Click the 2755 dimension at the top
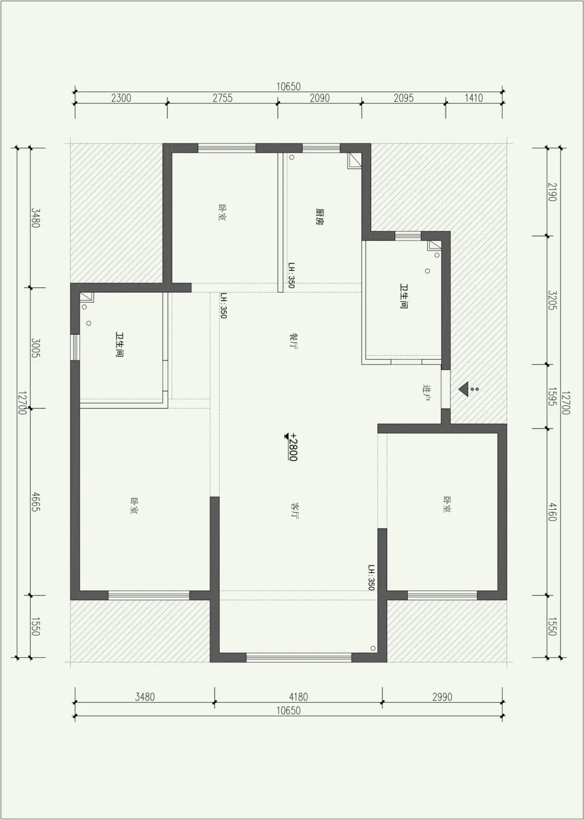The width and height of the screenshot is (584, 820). click(222, 98)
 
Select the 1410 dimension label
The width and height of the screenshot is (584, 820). click(474, 98)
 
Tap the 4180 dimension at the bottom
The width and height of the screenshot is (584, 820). click(298, 697)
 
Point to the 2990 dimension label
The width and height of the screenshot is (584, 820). click(442, 697)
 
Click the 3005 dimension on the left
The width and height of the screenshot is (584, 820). click(36, 348)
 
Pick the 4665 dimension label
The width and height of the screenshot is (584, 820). click(36, 502)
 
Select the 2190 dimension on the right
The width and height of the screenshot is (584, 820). click(552, 192)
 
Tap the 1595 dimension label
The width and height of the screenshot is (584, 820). click(552, 397)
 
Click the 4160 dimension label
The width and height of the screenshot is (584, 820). click(552, 511)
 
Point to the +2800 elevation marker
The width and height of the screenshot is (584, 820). click(293, 447)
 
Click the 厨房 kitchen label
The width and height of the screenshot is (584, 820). click(319, 217)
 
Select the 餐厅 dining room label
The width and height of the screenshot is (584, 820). click(293, 341)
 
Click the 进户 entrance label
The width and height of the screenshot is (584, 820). click(426, 393)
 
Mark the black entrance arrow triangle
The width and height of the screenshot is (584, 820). click(463, 389)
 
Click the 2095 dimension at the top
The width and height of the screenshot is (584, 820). click(403, 98)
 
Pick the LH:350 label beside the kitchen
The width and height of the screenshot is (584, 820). click(291, 275)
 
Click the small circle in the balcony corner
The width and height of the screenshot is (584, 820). click(373, 649)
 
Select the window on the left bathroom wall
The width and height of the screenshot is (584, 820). click(75, 347)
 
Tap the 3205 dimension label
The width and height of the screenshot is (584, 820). click(552, 300)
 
